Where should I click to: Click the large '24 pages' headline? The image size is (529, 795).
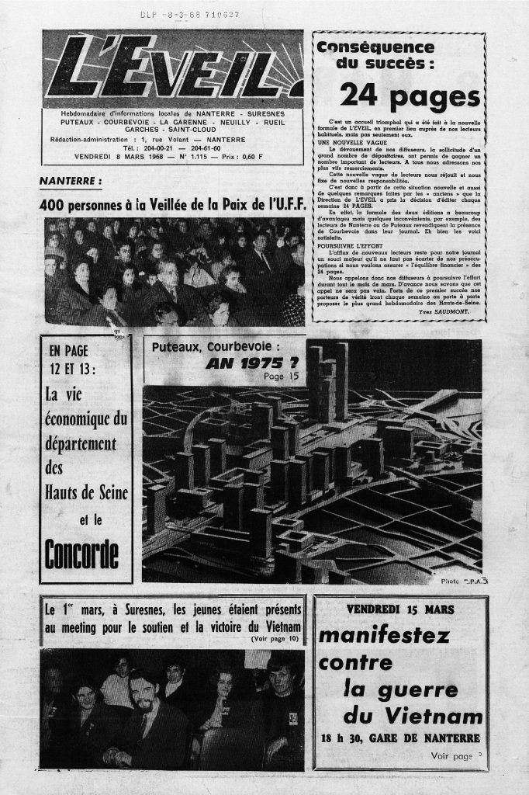pos(399,95)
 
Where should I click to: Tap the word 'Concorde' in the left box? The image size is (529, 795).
pos(82,552)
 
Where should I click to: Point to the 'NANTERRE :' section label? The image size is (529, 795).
pos(71,182)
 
